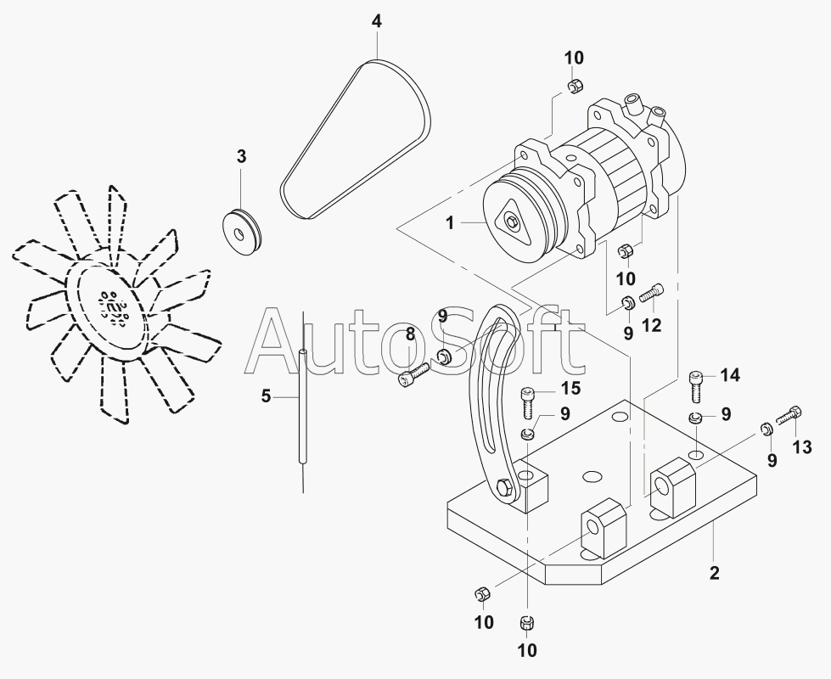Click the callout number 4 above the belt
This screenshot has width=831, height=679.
click(377, 21)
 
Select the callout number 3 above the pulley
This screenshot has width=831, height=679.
click(241, 156)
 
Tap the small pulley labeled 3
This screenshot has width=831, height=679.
click(242, 228)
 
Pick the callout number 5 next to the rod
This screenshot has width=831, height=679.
click(266, 396)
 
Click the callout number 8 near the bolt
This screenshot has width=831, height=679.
click(410, 334)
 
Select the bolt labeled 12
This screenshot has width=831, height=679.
click(652, 293)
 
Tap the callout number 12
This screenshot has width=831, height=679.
click(651, 324)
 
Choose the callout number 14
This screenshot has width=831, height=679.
click(730, 375)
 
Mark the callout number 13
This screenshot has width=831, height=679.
click(802, 447)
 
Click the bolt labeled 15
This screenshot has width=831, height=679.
click(526, 400)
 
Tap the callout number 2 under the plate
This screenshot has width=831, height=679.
click(714, 574)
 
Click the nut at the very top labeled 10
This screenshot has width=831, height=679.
click(574, 85)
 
